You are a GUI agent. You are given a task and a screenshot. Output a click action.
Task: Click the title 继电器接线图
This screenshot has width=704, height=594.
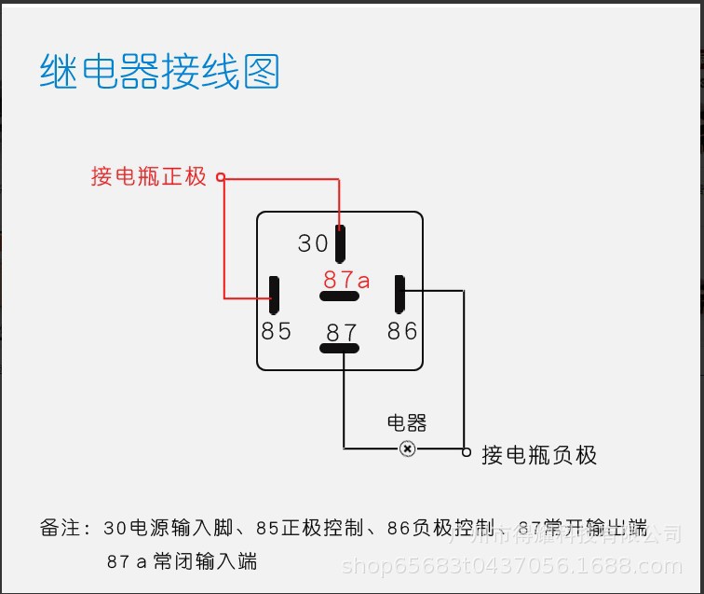point(159,72)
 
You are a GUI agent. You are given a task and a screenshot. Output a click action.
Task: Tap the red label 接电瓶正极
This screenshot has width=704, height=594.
point(148,176)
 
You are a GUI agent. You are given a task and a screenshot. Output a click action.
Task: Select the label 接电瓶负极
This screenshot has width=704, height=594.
point(539,455)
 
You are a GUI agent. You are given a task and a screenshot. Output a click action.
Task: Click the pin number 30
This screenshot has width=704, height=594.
point(314,243)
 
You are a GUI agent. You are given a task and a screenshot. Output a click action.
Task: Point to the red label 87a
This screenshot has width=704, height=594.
point(347,279)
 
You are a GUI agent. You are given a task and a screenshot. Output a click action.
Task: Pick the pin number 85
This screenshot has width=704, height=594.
point(277,331)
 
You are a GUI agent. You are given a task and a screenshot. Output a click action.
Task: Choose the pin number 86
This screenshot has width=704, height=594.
point(402,331)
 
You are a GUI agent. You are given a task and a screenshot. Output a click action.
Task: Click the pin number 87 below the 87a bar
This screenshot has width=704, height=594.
point(342,333)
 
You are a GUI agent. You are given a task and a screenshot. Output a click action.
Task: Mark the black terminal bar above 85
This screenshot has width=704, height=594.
point(275,295)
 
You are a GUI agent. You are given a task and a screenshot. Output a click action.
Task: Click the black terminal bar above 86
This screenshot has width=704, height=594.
point(399,294)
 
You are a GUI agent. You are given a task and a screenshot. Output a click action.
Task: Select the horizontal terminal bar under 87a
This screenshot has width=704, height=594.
point(339,297)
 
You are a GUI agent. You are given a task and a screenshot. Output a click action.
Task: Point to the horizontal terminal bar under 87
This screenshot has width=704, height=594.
point(339,349)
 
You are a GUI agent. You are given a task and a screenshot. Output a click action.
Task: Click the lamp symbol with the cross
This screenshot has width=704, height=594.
point(407,449)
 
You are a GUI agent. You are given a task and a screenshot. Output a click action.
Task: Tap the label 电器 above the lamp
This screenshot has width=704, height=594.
point(407,423)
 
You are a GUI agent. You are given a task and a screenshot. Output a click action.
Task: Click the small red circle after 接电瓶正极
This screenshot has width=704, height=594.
point(221,176)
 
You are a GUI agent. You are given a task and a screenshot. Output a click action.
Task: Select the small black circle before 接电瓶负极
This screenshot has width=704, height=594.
point(467,451)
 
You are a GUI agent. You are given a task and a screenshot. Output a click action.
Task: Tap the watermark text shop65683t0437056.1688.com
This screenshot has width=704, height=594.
point(511,565)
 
